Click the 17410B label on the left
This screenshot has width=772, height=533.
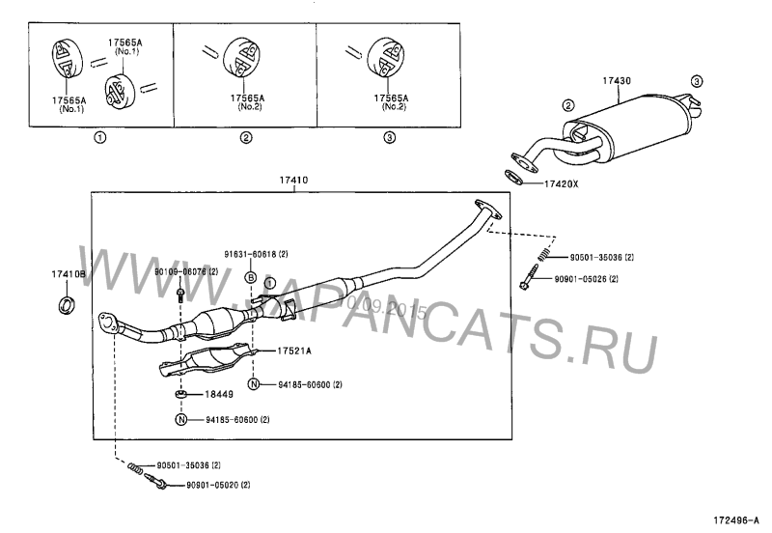[x=69, y=275]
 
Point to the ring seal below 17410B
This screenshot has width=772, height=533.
[x=68, y=307]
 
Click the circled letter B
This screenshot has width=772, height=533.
[x=250, y=277]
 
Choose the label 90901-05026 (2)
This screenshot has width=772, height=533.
[x=586, y=279]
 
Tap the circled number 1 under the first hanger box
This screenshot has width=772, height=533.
[x=99, y=138]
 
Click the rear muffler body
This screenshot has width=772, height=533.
[x=631, y=129]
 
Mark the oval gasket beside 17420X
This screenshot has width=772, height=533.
[x=518, y=177]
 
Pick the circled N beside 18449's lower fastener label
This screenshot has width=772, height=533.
[x=181, y=419]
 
